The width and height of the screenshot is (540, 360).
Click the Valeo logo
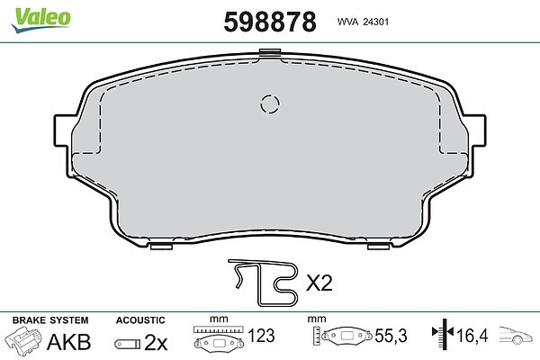(x=41, y=20)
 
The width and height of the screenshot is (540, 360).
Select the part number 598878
(x=270, y=22)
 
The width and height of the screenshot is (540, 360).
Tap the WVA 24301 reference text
(x=363, y=22)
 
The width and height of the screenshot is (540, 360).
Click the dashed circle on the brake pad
(x=270, y=104)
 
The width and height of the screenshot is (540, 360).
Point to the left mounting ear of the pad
(x=63, y=130)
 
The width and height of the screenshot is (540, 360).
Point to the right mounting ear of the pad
(x=475, y=130)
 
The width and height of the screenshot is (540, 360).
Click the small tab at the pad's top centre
(x=270, y=52)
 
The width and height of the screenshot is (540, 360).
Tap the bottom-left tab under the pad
(x=161, y=247)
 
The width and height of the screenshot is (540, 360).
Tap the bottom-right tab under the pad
(x=379, y=247)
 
